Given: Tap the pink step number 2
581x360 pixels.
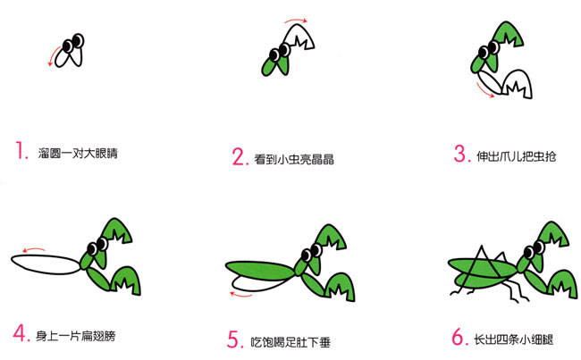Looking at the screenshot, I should coord(239,158).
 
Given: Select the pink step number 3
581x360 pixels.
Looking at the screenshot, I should coord(461,153).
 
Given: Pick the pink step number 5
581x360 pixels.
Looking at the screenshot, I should coord(234,339).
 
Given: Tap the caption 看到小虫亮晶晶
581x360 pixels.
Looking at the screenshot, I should coord(295,160).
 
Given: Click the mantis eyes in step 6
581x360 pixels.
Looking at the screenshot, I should coord(535,246).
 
